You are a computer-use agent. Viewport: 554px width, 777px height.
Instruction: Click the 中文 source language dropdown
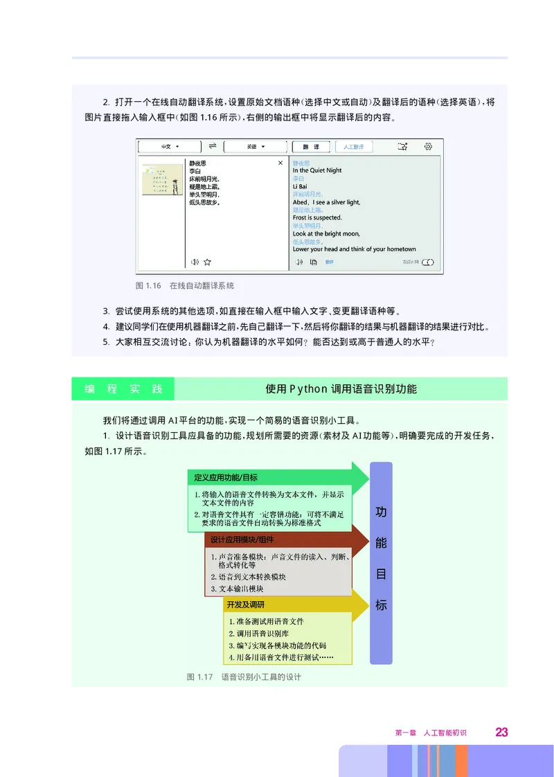170,147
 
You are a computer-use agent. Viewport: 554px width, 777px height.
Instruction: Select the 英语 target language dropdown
257,147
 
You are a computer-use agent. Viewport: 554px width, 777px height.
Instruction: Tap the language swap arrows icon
213,146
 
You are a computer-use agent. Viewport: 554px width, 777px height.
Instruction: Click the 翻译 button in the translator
311,147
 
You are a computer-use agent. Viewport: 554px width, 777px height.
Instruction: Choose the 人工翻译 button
354,147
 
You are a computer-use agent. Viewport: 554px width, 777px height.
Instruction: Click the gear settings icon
429,146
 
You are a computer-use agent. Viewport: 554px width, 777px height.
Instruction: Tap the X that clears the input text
280,163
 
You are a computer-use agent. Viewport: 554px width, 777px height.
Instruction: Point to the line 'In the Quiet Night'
317,170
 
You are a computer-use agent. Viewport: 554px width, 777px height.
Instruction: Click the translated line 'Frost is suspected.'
317,217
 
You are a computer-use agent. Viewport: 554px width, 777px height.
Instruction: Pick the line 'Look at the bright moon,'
326,233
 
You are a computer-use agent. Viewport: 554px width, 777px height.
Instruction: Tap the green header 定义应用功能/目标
226,477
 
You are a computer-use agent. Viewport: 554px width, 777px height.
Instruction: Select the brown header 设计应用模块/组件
242,539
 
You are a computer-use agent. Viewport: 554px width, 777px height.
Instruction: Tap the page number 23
501,731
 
